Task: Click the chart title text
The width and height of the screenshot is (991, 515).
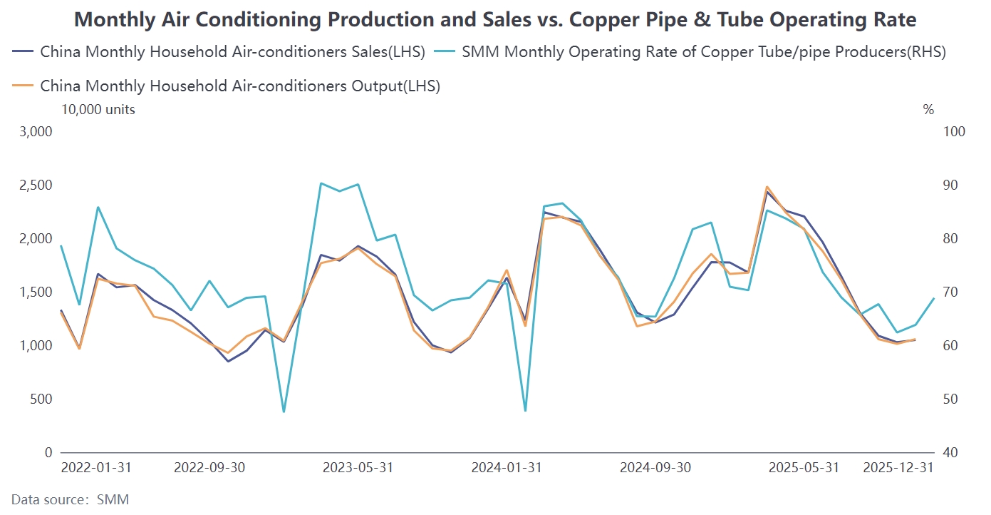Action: click(x=495, y=20)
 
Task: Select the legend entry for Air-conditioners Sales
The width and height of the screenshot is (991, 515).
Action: click(x=232, y=51)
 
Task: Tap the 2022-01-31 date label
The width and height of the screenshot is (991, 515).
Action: click(x=96, y=468)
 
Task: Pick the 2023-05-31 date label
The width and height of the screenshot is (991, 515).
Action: click(x=358, y=468)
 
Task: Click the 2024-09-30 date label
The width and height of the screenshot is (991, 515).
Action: click(x=655, y=468)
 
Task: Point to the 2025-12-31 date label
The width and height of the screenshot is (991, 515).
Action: click(x=898, y=468)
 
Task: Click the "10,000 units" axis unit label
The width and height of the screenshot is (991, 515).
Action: click(x=98, y=109)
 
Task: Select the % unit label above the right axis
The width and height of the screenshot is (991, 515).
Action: click(x=928, y=109)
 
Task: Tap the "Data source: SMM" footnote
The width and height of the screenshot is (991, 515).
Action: click(x=70, y=499)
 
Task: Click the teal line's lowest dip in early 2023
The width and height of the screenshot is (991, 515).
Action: click(x=284, y=412)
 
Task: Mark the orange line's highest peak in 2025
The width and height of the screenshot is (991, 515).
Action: click(x=767, y=187)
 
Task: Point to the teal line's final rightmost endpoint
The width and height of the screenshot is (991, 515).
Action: click(x=934, y=298)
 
